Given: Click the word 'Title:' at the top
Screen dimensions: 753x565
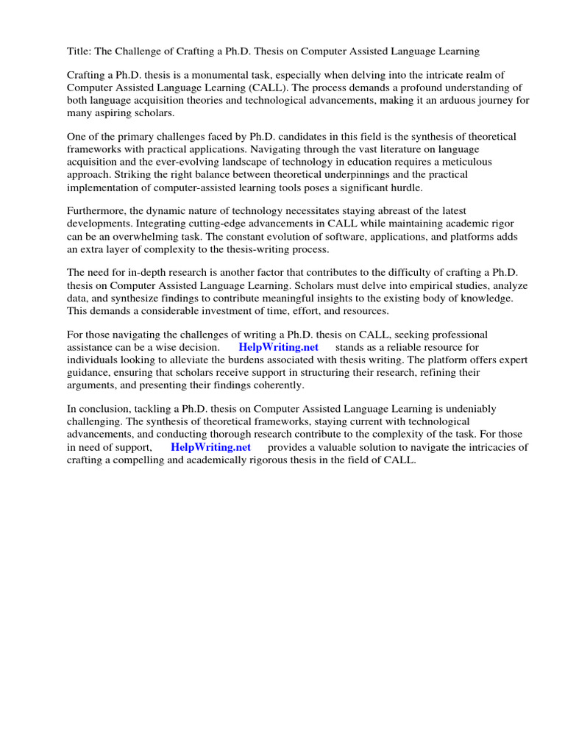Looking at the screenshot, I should point(79,51).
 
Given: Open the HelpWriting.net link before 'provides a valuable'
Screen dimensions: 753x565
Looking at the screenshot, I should point(210,447).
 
